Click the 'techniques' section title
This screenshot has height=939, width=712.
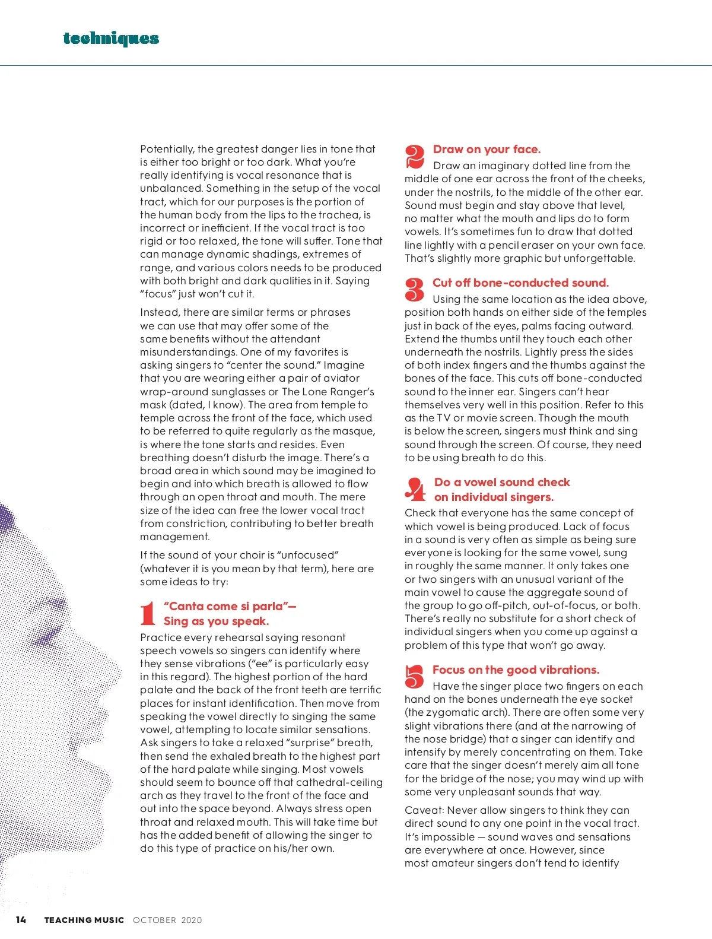(111, 39)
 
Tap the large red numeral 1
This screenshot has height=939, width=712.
(148, 613)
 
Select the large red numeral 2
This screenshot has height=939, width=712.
(415, 157)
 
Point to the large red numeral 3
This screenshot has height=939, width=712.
(414, 290)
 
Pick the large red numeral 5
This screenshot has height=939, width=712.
(414, 677)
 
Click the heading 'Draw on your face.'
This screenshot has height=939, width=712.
(487, 149)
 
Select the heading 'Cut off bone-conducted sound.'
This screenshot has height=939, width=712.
(520, 283)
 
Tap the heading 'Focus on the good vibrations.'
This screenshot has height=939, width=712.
(516, 670)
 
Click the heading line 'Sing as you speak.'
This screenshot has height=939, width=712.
(216, 621)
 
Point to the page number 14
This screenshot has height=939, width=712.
(21, 919)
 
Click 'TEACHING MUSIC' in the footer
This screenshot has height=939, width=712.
(84, 920)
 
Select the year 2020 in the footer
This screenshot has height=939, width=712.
(192, 920)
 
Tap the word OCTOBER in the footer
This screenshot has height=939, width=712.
(154, 920)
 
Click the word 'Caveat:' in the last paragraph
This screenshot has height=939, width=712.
(424, 810)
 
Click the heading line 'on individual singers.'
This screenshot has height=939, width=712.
(494, 497)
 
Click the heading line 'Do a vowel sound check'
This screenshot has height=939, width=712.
(502, 482)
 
